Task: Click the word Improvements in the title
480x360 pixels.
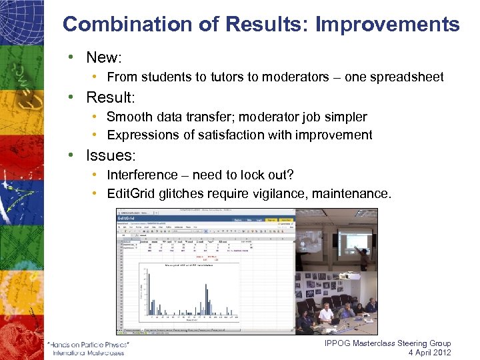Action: [387, 25]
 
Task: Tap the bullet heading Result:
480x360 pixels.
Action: [111, 98]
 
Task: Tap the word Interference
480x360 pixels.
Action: [143, 175]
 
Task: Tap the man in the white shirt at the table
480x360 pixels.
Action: [326, 313]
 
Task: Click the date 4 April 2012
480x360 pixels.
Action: [429, 353]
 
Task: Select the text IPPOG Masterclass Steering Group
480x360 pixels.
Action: [387, 343]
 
